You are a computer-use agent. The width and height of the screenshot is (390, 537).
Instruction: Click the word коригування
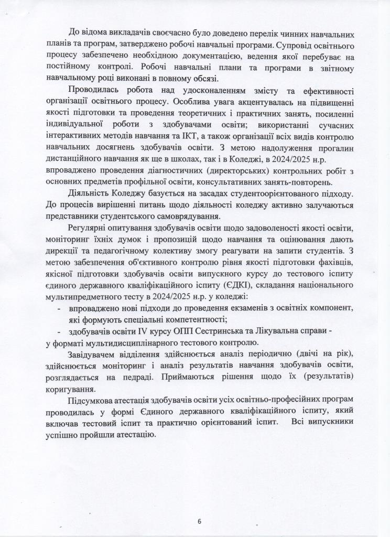tap(69, 389)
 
